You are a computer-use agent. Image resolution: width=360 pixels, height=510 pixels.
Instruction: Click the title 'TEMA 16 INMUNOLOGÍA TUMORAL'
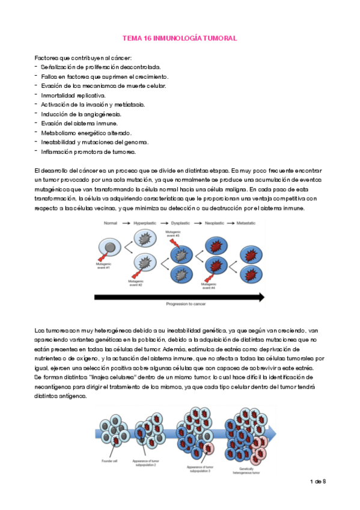point(180,38)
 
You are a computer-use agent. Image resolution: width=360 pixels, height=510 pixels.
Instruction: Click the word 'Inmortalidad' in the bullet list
point(56,95)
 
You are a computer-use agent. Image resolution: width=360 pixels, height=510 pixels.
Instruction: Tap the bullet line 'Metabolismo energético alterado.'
point(85,132)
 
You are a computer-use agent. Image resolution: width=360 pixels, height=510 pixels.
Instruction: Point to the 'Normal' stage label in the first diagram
point(110,223)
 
